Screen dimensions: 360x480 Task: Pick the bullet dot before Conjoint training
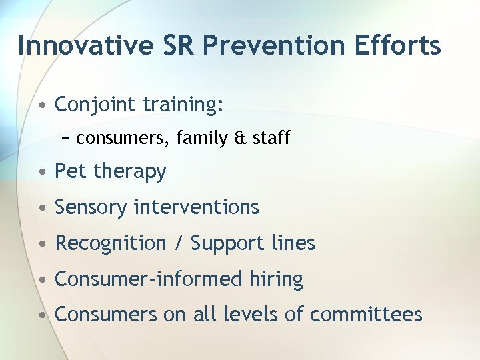coord(42,105)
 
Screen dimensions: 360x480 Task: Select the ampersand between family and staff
coord(241,138)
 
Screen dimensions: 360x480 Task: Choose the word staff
coord(271,138)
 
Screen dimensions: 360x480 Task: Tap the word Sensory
coord(91,207)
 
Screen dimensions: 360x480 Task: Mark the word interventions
coord(196,207)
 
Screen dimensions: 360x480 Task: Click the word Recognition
coord(111,243)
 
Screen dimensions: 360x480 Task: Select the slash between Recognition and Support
coord(178,243)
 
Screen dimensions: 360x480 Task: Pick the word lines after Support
coord(293,243)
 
